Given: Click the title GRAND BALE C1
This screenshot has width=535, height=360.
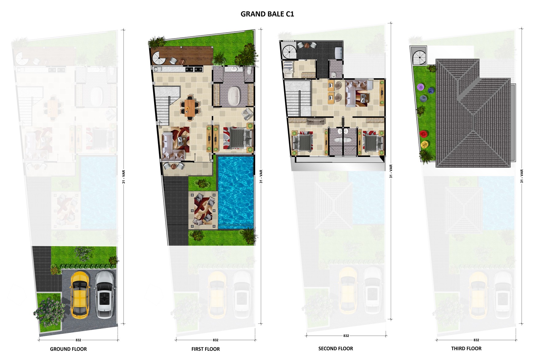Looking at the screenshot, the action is click(x=267, y=14).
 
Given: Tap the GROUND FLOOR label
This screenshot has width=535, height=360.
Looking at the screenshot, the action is click(x=68, y=349).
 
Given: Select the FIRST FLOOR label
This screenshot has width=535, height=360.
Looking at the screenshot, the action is click(x=205, y=349).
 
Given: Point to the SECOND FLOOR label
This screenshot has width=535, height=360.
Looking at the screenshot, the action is click(x=335, y=348).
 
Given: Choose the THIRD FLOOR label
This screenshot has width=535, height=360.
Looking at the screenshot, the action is click(x=466, y=348).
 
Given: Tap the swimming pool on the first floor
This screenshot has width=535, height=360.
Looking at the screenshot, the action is click(x=236, y=192).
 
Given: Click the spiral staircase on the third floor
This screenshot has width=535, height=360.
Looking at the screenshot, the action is click(x=419, y=56).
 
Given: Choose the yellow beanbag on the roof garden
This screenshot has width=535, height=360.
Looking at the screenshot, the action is click(x=425, y=144).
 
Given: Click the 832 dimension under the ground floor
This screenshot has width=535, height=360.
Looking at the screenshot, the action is click(x=78, y=340).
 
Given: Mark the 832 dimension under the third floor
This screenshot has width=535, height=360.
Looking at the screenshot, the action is click(x=476, y=340).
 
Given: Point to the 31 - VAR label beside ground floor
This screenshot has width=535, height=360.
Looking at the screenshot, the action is click(x=124, y=177).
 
